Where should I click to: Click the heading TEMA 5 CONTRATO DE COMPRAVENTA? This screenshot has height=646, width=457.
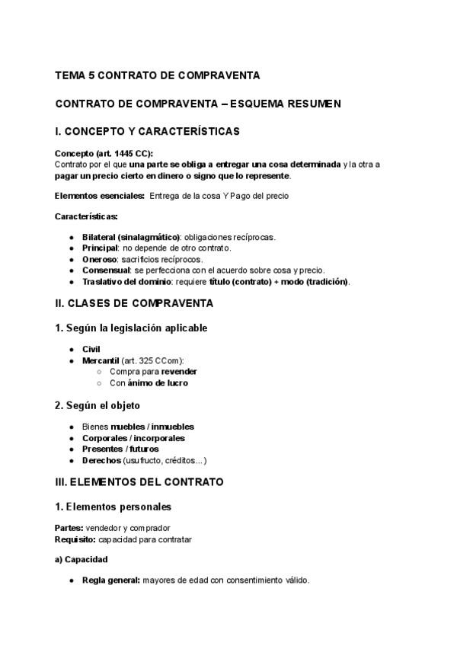point(158,75)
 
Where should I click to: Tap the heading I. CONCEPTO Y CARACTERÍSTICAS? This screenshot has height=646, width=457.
point(147,131)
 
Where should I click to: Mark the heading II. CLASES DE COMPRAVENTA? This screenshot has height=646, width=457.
point(134,304)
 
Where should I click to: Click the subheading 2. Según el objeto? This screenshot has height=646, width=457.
point(97,405)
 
